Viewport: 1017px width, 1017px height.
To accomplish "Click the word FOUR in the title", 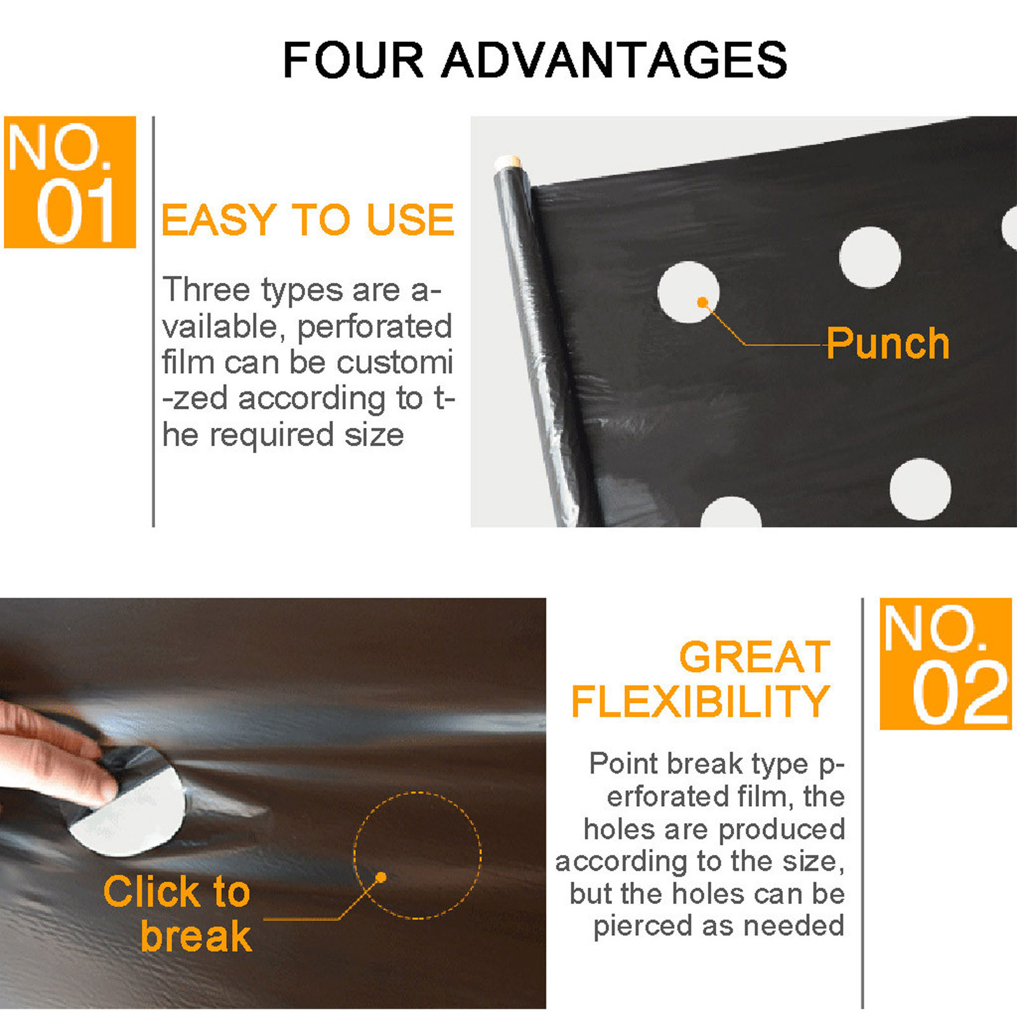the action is [353, 60].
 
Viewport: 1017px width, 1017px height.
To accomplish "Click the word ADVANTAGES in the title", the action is [614, 60].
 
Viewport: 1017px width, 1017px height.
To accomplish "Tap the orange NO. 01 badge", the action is [70, 182].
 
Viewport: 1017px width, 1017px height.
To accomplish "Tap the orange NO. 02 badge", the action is [945, 664].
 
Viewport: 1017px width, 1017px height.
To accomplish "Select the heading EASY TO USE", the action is [308, 220].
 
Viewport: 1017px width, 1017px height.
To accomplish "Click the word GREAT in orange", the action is [754, 657].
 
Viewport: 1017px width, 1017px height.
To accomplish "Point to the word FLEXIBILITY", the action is [700, 701].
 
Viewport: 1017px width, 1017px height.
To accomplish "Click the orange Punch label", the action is [887, 344].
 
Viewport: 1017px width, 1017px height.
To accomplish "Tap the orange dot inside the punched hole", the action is [702, 302].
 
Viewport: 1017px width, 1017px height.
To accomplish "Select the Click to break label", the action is [177, 913].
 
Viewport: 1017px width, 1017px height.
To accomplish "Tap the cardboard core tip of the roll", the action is [508, 161].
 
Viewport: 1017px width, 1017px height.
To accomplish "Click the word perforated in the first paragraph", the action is [374, 327].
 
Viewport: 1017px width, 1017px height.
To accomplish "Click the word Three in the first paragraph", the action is [207, 289].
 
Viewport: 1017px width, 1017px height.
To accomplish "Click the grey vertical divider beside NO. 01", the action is [153, 322].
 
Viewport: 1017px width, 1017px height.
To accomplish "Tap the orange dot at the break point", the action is [381, 877].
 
